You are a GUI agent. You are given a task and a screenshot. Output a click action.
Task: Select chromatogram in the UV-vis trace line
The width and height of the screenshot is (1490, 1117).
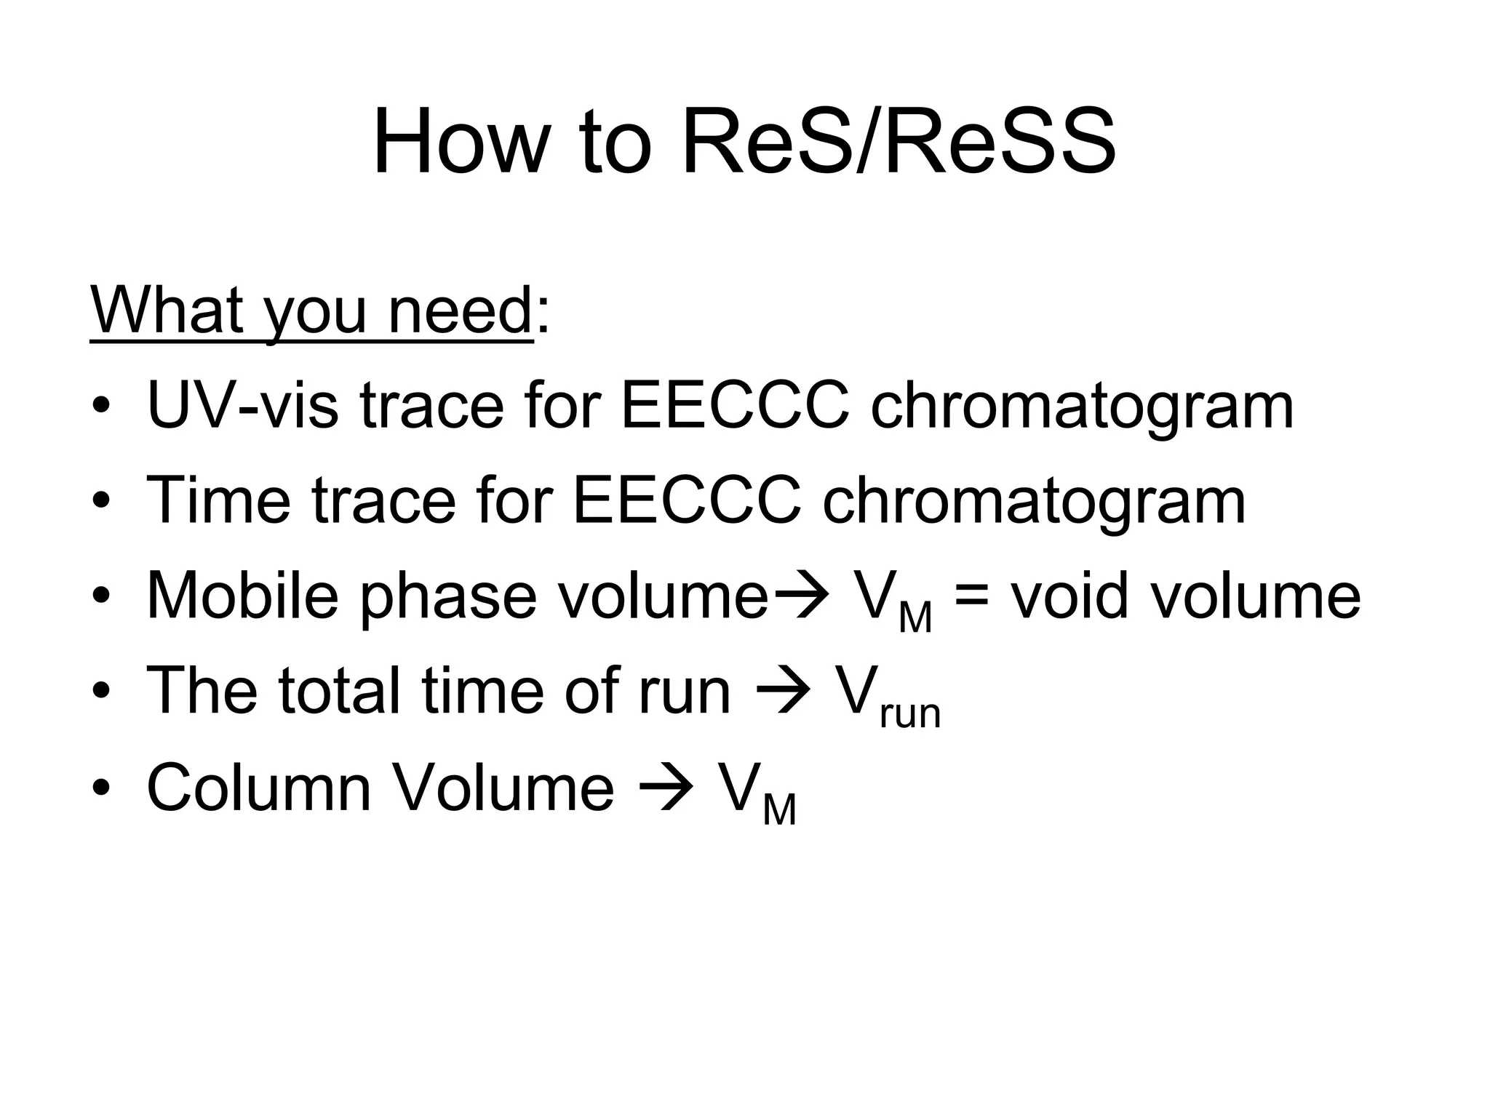(1082, 407)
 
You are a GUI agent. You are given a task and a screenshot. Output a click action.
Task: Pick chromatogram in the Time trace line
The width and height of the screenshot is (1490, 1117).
(1034, 503)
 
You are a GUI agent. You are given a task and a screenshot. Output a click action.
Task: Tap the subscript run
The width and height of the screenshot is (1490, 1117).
(910, 713)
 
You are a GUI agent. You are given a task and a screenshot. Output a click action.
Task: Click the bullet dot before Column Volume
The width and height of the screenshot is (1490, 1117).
(102, 788)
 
